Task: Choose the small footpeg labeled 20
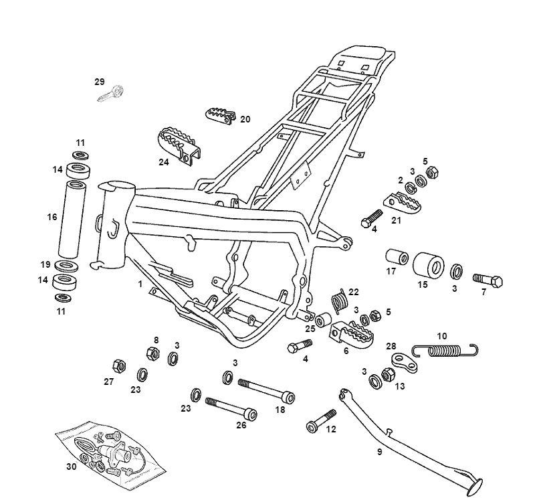[x=221, y=115]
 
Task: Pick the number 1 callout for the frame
[x=140, y=284]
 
